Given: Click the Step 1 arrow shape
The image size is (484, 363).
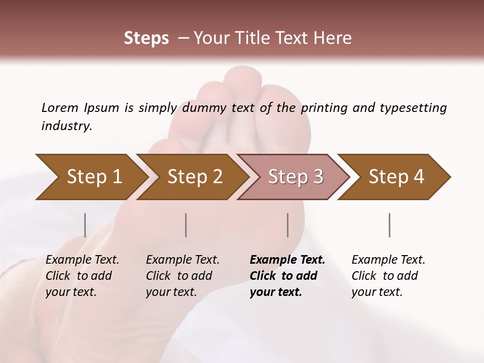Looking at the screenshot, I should click(x=91, y=177).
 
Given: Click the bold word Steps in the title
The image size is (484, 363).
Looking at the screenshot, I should click(x=146, y=38).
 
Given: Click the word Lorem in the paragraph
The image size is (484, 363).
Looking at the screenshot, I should click(x=59, y=107).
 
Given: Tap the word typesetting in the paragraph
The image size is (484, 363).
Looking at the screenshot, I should click(x=413, y=107).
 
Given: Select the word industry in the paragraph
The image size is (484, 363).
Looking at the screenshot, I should click(x=66, y=126).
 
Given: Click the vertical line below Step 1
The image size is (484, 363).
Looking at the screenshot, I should click(x=85, y=225).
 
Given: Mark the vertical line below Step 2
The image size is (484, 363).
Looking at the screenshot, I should click(x=186, y=225).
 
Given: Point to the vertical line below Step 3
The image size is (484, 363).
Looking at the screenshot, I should click(x=287, y=225).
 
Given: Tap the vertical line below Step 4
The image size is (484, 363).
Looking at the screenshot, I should click(x=389, y=225).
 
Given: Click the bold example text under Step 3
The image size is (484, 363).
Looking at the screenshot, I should click(x=287, y=276).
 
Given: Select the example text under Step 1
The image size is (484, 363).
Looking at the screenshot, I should click(x=82, y=276).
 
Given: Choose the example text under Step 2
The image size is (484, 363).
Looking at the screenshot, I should click(x=183, y=276).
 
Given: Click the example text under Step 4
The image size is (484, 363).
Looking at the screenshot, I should click(x=388, y=276).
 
